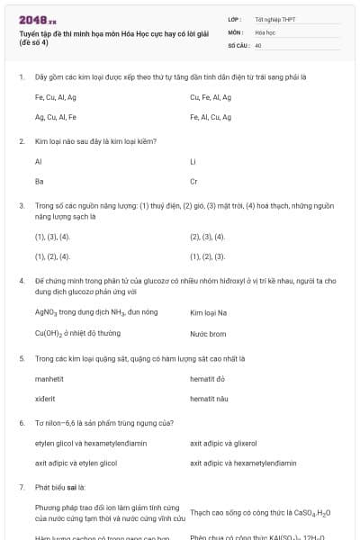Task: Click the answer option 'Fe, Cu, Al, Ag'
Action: [x=55, y=97]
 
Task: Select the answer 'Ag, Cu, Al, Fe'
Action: [x=55, y=117]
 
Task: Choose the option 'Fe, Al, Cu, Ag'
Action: [x=211, y=117]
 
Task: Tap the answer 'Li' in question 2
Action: [x=193, y=162]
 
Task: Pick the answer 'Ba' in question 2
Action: [x=39, y=181]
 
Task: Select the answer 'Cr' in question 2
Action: [x=193, y=181]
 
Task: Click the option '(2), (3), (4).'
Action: [x=207, y=237]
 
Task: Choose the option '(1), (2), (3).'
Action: [x=207, y=256]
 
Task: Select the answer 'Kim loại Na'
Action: [x=209, y=312]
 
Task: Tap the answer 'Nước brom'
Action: [x=208, y=332]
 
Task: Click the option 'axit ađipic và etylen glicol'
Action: [x=76, y=463]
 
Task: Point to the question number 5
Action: [x=21, y=358]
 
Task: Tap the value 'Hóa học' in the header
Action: [x=265, y=31]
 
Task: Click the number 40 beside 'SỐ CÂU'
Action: [x=258, y=44]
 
